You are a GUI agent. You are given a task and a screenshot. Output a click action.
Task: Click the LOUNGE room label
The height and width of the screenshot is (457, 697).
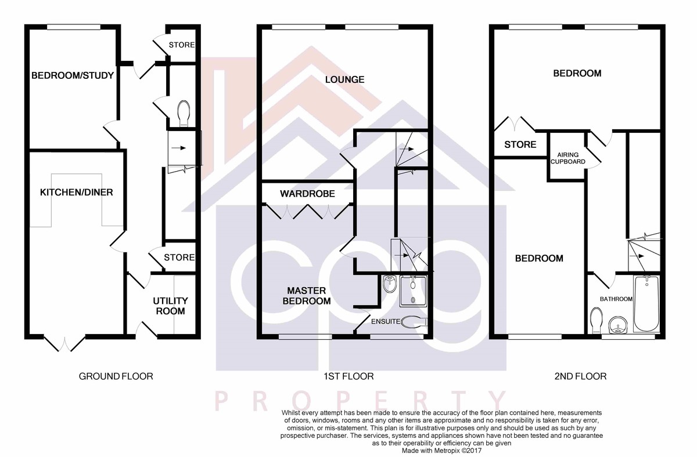coord(344,79)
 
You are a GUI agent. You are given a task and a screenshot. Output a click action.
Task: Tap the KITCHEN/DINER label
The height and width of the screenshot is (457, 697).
coord(76,193)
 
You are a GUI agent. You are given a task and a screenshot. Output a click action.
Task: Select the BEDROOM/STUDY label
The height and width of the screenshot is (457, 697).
coord(73,75)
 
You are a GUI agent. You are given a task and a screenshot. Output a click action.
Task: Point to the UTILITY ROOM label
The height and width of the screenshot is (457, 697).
coord(170,306)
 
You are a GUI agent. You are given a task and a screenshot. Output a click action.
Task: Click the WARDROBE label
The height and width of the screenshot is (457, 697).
coord(307,194)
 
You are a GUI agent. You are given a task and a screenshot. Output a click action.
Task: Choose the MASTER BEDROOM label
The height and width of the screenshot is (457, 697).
coord(307,296)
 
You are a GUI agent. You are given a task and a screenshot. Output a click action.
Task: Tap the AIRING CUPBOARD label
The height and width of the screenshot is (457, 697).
coord(567,158)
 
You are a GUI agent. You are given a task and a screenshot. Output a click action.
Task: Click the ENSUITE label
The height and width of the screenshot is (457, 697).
coord(386,321)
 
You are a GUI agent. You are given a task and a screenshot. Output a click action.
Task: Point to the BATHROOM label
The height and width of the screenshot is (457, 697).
coord(616,299)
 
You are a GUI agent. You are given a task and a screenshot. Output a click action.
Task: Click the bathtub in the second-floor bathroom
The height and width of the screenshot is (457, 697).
coord(646,304)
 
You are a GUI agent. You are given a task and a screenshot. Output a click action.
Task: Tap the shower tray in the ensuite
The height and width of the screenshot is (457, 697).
coord(413,291)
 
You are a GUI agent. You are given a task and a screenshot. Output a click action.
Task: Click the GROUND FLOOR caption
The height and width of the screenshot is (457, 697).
coord(116,376)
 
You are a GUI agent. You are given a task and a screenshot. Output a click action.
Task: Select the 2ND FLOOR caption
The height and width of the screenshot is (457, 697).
coord(580,376)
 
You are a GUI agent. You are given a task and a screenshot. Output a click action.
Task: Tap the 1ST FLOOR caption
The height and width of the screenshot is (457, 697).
coord(348,376)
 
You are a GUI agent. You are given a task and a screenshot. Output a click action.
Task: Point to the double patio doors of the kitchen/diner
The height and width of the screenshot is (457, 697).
coord(64,343)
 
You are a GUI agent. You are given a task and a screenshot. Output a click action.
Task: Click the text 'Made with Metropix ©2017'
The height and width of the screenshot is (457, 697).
coord(441,451)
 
